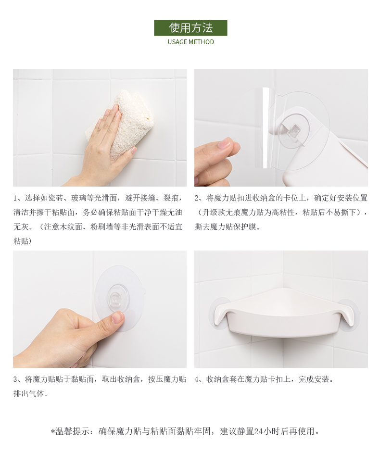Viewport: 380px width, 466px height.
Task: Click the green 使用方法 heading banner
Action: pos(190,28)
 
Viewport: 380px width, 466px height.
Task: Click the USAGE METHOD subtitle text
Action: pos(190,42)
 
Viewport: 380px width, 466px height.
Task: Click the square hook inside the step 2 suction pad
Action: pos(294,131)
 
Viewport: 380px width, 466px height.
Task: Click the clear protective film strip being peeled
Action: pos(267,128)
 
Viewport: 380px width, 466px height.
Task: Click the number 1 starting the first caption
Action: pos(15,198)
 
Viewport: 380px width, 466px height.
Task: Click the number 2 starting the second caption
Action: pos(197,198)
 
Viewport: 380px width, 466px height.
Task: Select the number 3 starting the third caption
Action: pos(15,379)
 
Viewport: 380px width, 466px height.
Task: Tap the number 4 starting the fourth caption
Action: pos(197,379)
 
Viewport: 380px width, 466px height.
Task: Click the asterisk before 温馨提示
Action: pos(53,431)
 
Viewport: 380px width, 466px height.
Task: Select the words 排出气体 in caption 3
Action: pos(29,394)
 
